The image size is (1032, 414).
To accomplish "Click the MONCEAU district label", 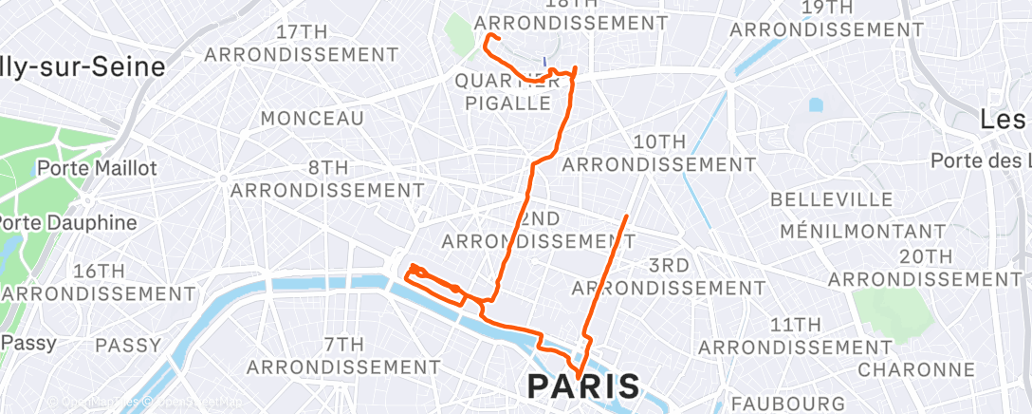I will point(312,119).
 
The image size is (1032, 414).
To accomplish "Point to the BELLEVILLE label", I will point(832,200).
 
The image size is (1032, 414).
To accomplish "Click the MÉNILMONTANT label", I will point(862,231).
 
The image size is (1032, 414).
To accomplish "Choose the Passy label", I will point(28,343).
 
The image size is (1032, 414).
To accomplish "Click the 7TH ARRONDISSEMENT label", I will point(343,354).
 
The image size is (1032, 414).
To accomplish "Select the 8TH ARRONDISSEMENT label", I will point(328,179).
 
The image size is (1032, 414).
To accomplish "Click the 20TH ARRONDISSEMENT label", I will point(926,267).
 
